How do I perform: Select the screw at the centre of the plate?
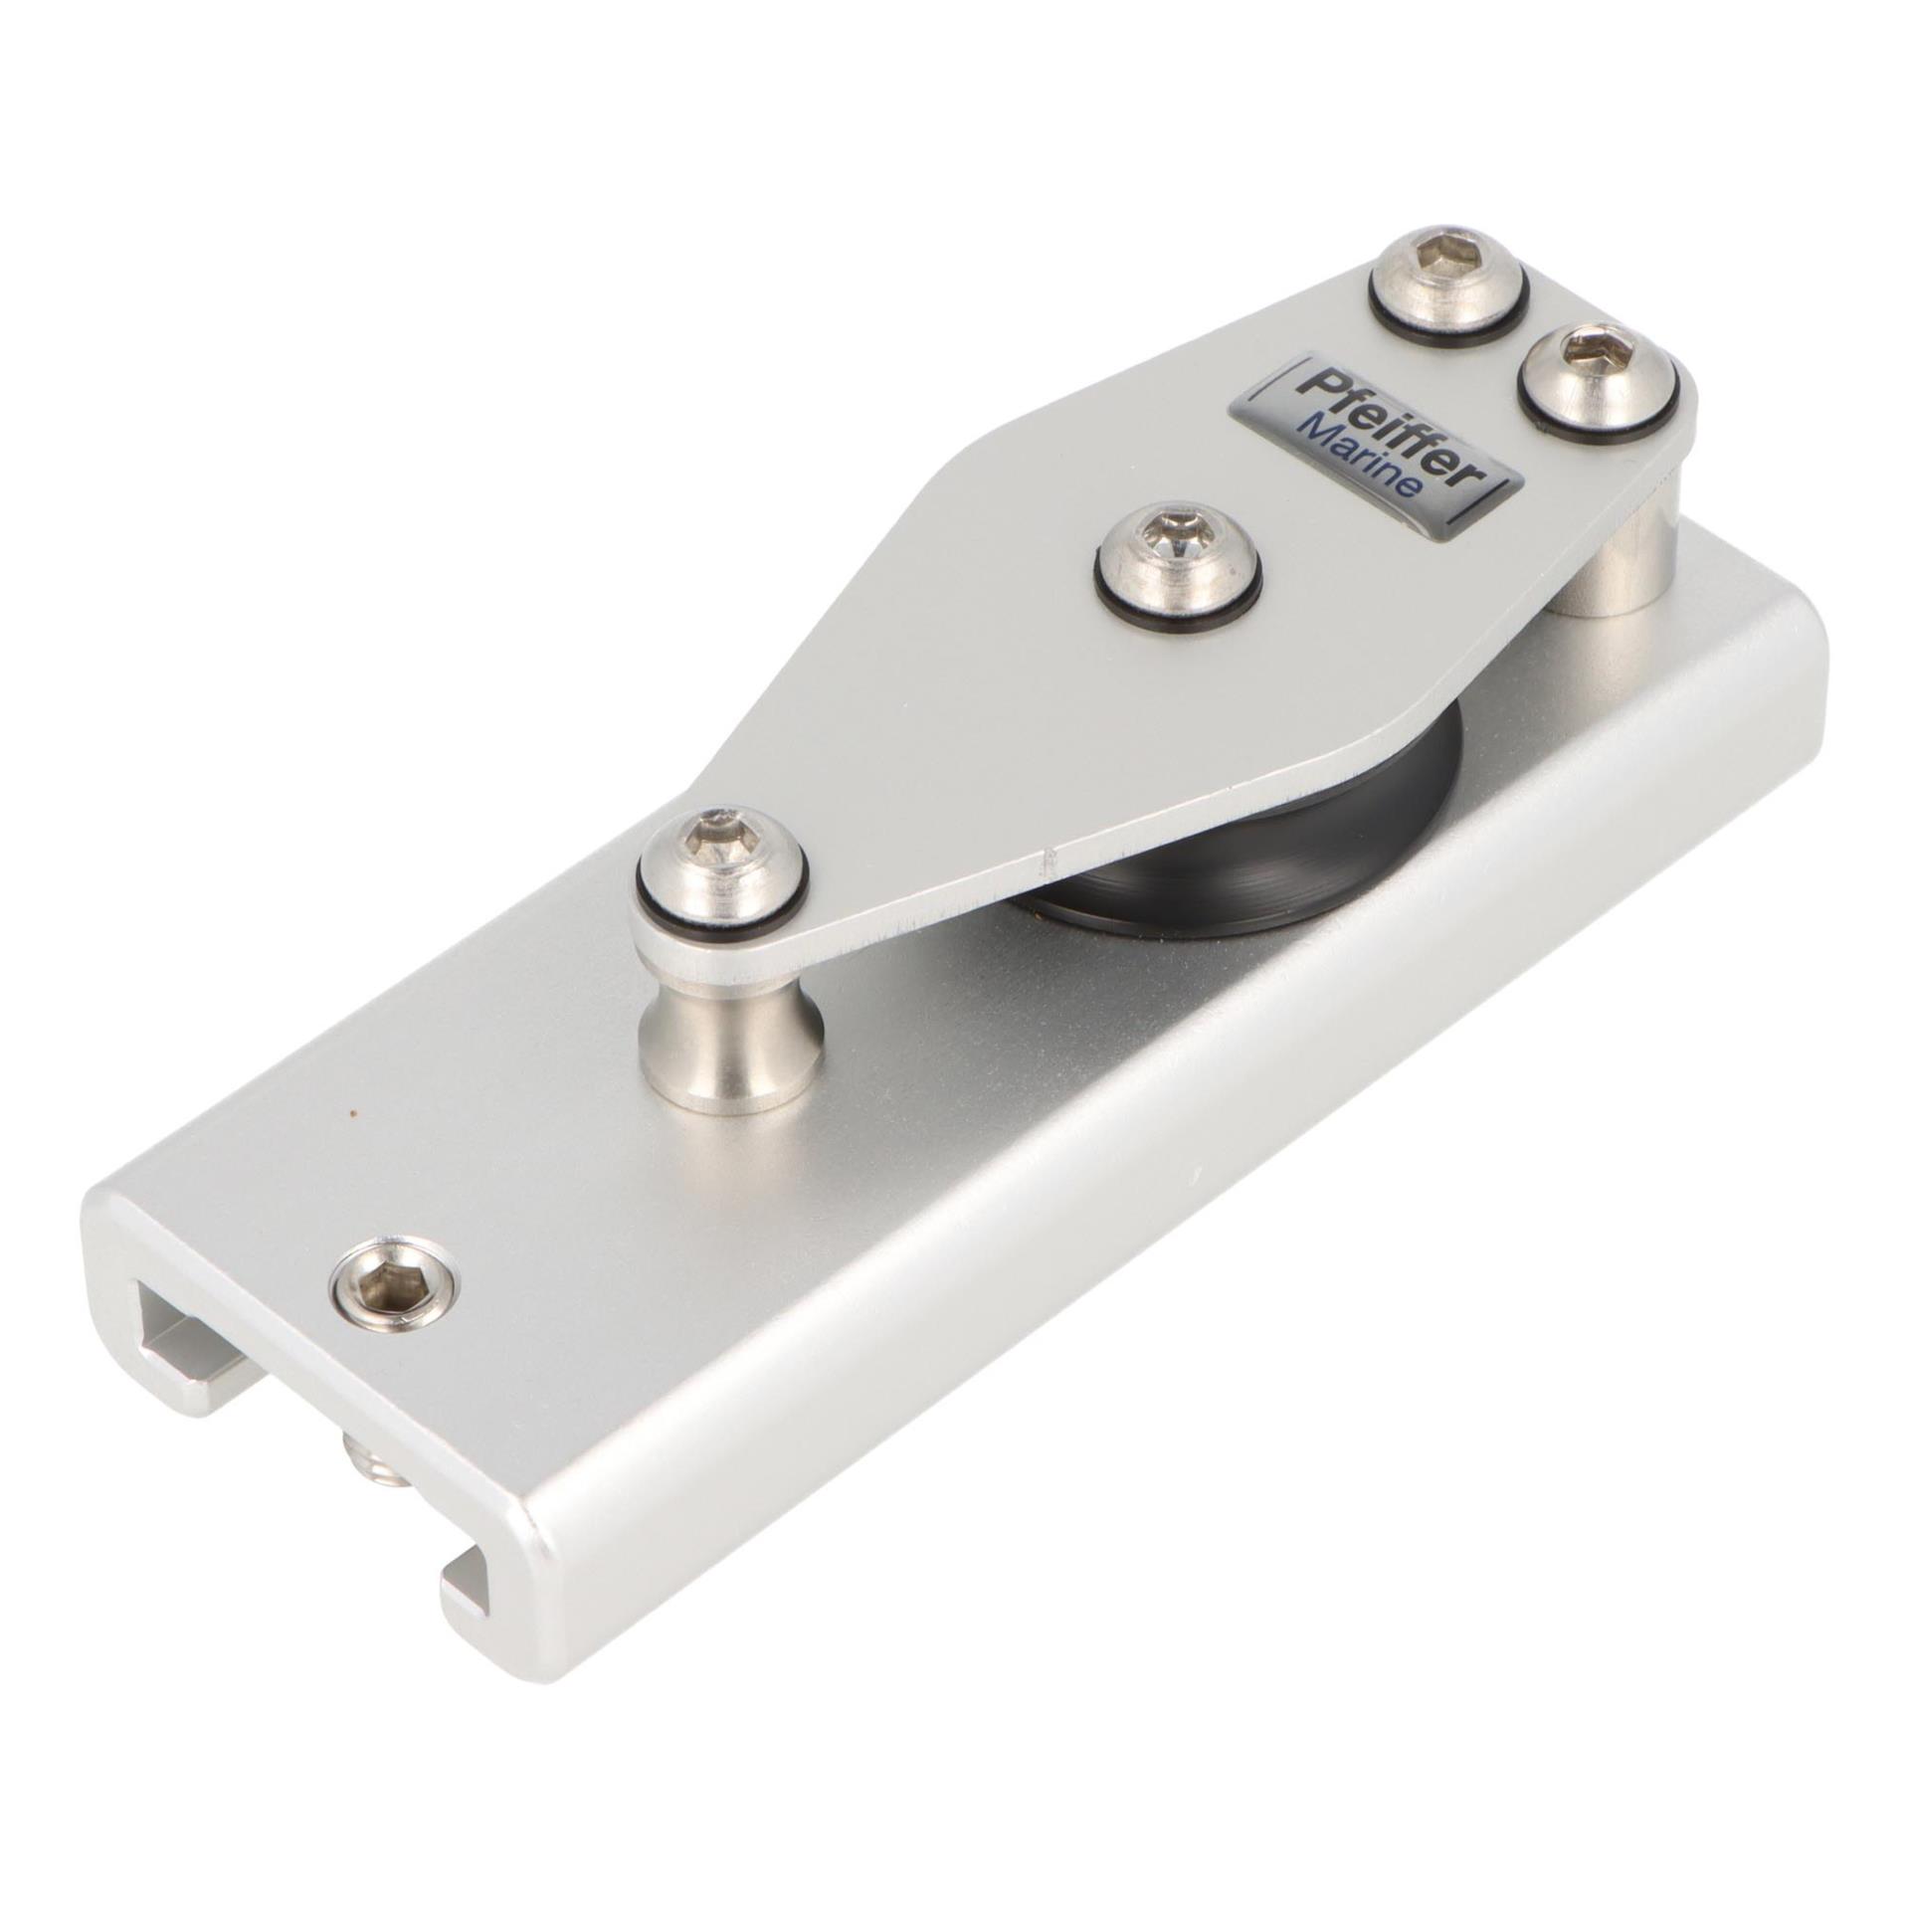coord(1178,562)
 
